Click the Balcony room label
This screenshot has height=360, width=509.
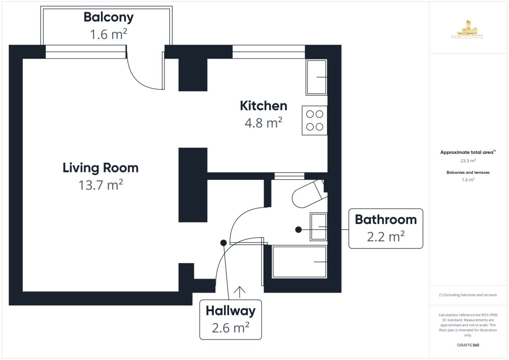pos(109,17)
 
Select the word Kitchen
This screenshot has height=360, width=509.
pos(263,106)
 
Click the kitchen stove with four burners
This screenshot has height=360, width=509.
pos(314,120)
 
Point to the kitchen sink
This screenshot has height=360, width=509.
pos(316,77)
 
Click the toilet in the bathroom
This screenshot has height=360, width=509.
pos(310,194)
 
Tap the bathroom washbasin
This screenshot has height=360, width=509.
pos(319,227)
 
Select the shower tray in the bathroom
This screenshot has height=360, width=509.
pos(299,262)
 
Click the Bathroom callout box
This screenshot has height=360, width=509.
pos(386,229)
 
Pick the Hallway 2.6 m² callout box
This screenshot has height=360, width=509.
pos(231,320)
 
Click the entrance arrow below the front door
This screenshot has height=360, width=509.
pos(240,292)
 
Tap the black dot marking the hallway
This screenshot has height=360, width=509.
pos(224,243)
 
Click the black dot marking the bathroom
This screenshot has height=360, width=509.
pos(298,230)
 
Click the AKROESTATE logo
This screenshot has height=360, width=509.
pos(467,30)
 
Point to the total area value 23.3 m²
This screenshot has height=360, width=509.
pos(468,161)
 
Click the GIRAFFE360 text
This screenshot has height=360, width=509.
pos(468,345)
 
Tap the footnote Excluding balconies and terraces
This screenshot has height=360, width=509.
pos(468,295)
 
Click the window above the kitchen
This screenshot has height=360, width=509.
pos(268,52)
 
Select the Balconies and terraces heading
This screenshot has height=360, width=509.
pos(468,173)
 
